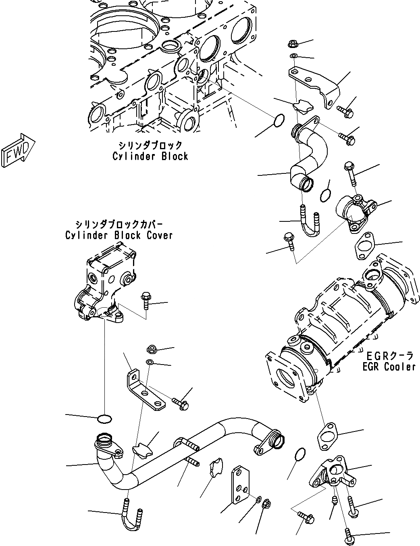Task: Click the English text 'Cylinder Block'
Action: pyautogui.click(x=150, y=156)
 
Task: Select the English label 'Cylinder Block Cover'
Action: pyautogui.click(x=119, y=235)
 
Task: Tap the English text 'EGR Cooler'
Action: pyautogui.click(x=389, y=367)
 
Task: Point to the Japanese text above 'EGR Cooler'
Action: pyautogui.click(x=390, y=356)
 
